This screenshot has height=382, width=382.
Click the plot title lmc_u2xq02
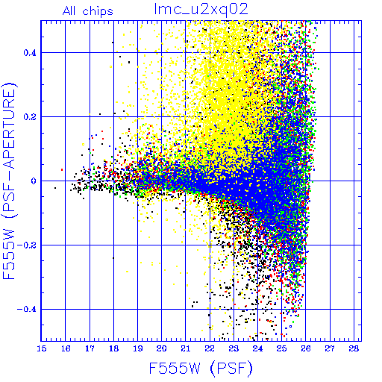point(201,10)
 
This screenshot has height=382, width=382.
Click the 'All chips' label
point(88,11)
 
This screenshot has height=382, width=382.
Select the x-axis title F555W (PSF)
point(201,369)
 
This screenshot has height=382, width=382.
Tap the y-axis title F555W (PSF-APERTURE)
point(9,181)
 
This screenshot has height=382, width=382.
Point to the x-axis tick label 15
point(42,348)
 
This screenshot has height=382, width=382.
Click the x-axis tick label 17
point(90,348)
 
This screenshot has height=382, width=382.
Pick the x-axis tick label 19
point(138,348)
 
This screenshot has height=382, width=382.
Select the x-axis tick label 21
point(186,348)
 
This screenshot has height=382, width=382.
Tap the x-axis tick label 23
point(234,348)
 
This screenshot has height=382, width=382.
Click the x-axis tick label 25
point(282,348)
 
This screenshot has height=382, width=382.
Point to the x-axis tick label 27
point(330,348)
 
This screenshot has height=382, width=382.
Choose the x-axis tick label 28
point(354,348)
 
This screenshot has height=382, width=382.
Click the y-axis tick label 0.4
point(30,53)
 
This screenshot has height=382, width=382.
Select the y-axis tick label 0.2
point(30,117)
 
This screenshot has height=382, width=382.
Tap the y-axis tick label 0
point(34,181)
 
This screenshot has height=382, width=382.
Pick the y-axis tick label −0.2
point(27,245)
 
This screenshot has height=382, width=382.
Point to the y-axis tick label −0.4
point(27,310)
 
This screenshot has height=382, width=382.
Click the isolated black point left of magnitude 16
point(55,188)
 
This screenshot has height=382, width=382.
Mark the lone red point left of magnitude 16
point(62,170)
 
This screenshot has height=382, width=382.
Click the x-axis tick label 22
point(210,348)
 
